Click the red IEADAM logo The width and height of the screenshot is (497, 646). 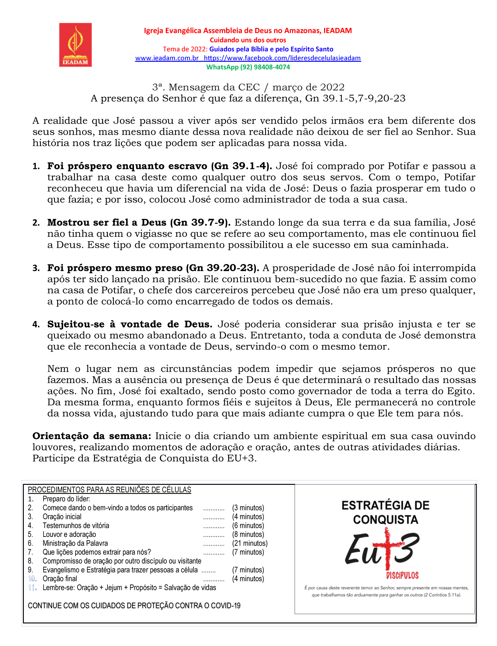click(x=75, y=45)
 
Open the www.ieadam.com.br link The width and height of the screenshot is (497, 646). click(x=167, y=58)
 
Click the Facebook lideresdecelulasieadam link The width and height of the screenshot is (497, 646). click(x=282, y=58)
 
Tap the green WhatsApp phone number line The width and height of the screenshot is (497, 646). click(x=248, y=67)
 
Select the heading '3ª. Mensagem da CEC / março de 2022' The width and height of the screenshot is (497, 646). click(x=248, y=87)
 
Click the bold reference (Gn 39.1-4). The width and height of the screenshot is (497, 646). click(x=241, y=166)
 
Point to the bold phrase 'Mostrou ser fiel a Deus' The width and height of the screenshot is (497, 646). click(x=107, y=223)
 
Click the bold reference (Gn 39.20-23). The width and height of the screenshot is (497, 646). click(x=222, y=268)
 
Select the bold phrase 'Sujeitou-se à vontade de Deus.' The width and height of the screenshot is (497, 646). click(x=130, y=324)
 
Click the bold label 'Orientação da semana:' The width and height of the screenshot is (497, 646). click(x=92, y=436)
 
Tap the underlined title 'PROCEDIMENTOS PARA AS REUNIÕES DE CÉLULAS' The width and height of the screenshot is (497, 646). click(x=109, y=490)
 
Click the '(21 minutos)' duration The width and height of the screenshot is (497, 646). click(x=250, y=543)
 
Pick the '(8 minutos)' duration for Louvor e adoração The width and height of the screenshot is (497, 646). click(x=248, y=535)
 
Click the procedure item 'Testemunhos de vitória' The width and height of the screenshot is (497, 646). click(x=76, y=525)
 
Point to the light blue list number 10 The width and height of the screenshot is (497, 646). click(x=32, y=579)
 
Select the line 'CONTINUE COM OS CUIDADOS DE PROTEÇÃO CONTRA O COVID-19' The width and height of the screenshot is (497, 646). click(x=134, y=606)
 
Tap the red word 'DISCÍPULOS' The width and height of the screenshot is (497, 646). click(x=402, y=575)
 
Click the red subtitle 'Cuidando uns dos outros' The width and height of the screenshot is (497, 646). click(x=248, y=40)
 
